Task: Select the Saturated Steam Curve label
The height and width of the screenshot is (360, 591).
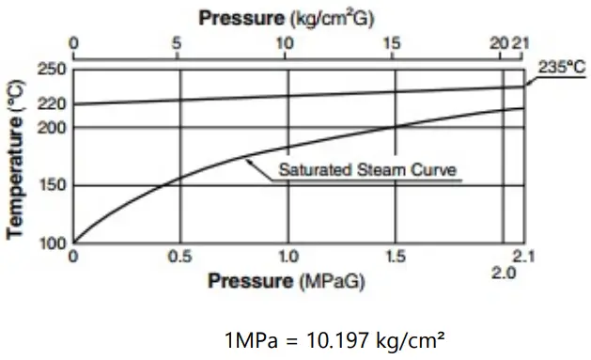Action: pos(366,172)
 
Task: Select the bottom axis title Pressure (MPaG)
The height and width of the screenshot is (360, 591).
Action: pos(286,281)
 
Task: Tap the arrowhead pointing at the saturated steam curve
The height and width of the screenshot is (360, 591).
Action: pos(248,160)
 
